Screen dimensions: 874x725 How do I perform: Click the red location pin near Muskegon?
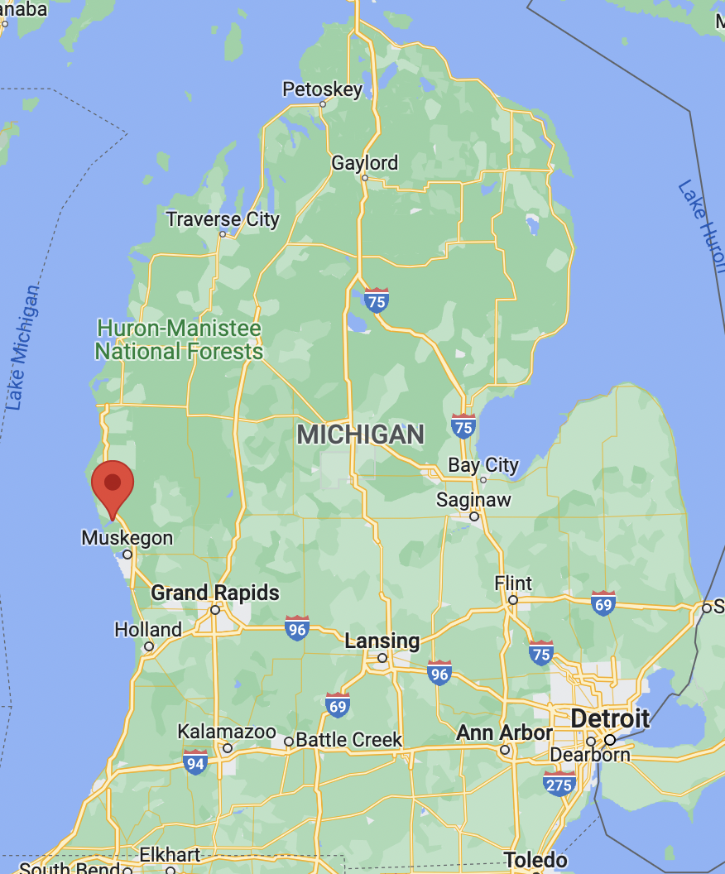coord(113,484)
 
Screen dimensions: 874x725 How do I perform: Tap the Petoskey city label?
coord(322,89)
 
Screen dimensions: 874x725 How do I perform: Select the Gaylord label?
coord(364,163)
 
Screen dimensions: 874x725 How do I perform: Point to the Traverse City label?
coord(222,219)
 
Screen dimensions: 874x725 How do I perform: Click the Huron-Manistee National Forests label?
coord(179,340)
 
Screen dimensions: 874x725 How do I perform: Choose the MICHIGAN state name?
coord(360,435)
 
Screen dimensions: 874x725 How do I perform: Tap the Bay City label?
coord(483,465)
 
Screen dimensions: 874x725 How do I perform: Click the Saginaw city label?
coord(473,500)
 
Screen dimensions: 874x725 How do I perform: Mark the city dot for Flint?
coord(513,600)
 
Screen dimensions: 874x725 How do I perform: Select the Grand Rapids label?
coord(215,593)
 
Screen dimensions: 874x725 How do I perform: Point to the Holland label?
coord(148,630)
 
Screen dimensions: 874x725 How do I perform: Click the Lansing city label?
coord(382,641)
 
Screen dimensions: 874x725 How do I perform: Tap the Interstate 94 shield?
coord(194,762)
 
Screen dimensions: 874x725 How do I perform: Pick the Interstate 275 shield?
coord(559,783)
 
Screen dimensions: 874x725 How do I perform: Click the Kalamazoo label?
coord(227,732)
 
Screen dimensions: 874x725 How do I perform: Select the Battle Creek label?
coord(348,740)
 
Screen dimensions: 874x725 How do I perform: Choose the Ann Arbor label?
coord(504,733)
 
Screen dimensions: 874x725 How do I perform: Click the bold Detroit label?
coord(610,718)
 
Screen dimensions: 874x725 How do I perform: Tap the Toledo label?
coord(535,860)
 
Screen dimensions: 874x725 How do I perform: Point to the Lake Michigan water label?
coord(22,348)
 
